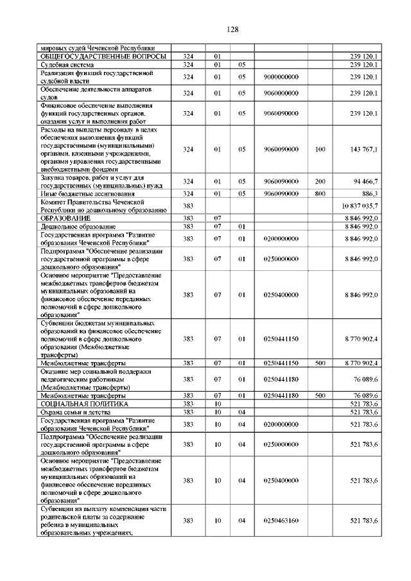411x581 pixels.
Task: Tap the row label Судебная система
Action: pos(67,65)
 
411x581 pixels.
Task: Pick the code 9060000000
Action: pos(281,93)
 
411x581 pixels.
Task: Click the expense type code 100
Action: pos(320,149)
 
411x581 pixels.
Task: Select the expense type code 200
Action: pos(320,182)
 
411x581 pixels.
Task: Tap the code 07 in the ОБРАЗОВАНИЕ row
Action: pos(218,218)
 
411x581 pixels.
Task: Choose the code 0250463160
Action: pos(281,521)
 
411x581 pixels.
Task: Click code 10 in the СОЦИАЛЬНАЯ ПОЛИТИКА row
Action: pos(218,404)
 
